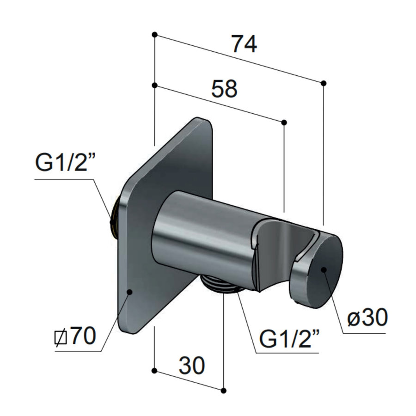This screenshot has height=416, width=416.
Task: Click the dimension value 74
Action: (244, 45)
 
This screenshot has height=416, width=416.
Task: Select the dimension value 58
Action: (224, 89)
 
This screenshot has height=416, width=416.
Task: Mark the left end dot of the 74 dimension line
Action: (154, 35)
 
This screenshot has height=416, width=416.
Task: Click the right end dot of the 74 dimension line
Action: (324, 83)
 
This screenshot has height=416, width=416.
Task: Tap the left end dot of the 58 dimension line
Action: (154, 85)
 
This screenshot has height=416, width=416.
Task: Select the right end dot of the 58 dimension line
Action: (284, 122)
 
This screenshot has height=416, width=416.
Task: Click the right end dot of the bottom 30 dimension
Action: (224, 391)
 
